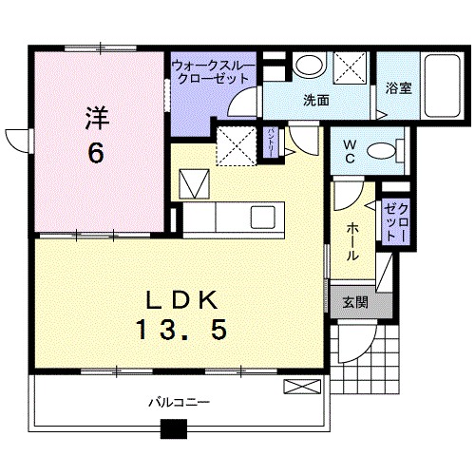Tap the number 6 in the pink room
(x=97, y=154)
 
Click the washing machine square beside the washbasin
(x=348, y=67)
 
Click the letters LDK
(x=183, y=299)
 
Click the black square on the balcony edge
(x=173, y=429)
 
